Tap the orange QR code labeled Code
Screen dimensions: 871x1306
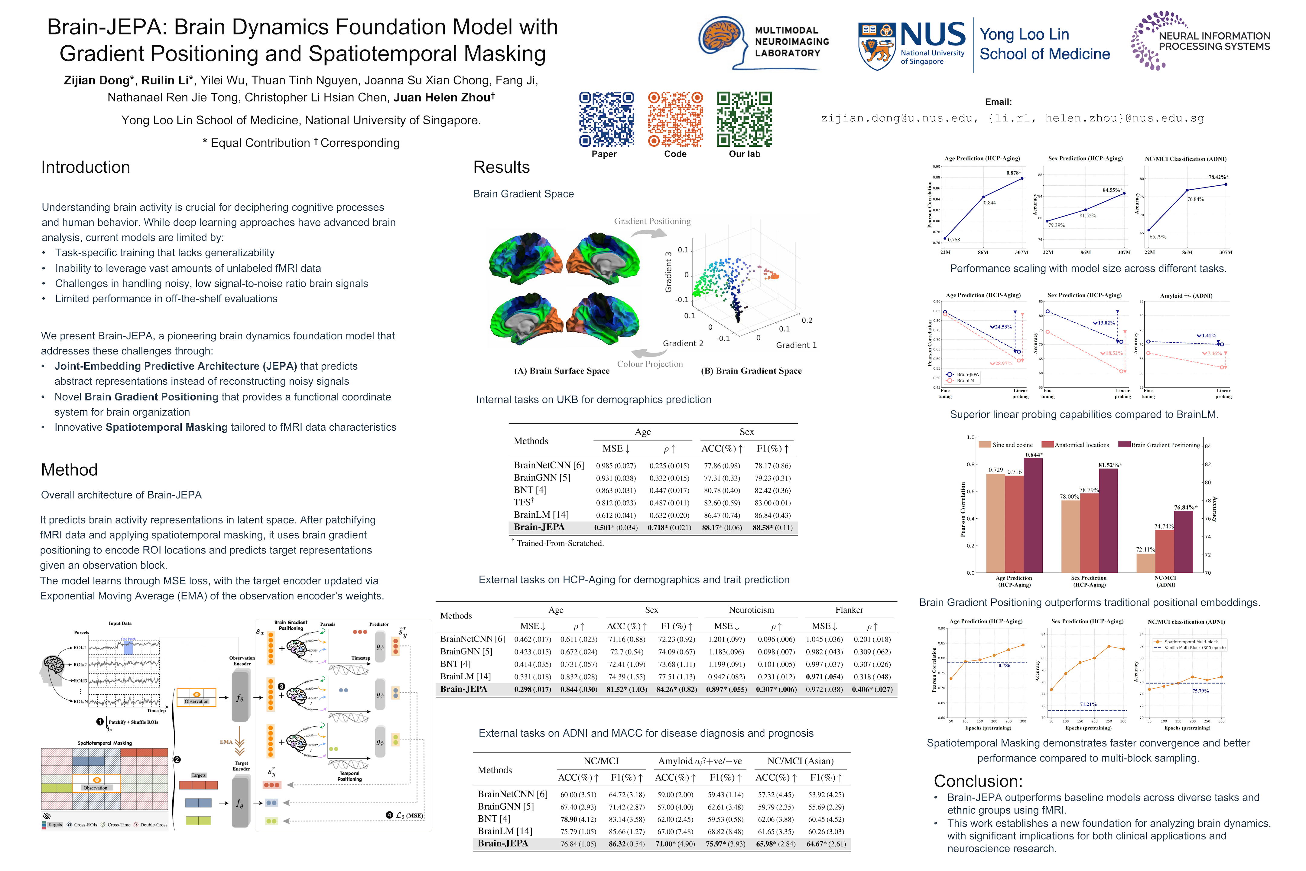coord(675,119)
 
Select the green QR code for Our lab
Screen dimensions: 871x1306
coord(744,119)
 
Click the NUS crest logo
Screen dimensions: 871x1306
coord(876,47)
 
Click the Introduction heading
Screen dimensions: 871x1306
coord(86,167)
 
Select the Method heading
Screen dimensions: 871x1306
coord(70,470)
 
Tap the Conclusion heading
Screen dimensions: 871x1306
coord(978,781)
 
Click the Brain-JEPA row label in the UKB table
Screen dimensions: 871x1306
coord(539,527)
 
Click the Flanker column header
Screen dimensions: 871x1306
coord(849,610)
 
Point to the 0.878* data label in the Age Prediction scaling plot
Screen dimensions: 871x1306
coord(1013,173)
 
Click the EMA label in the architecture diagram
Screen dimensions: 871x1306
coord(226,742)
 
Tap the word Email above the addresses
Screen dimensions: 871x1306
coord(998,102)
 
